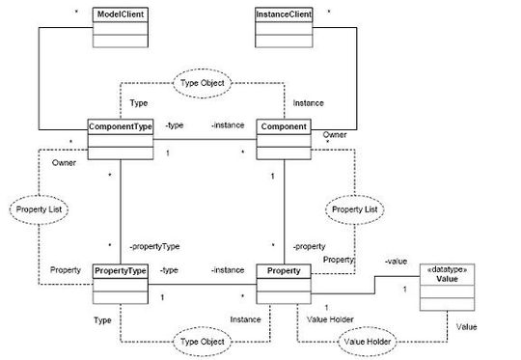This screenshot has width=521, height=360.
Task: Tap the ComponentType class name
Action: point(121,126)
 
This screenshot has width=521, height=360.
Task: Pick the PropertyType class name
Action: point(121,273)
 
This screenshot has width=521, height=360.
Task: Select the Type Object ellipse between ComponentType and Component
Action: point(202,83)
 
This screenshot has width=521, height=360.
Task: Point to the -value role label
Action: point(394,261)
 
